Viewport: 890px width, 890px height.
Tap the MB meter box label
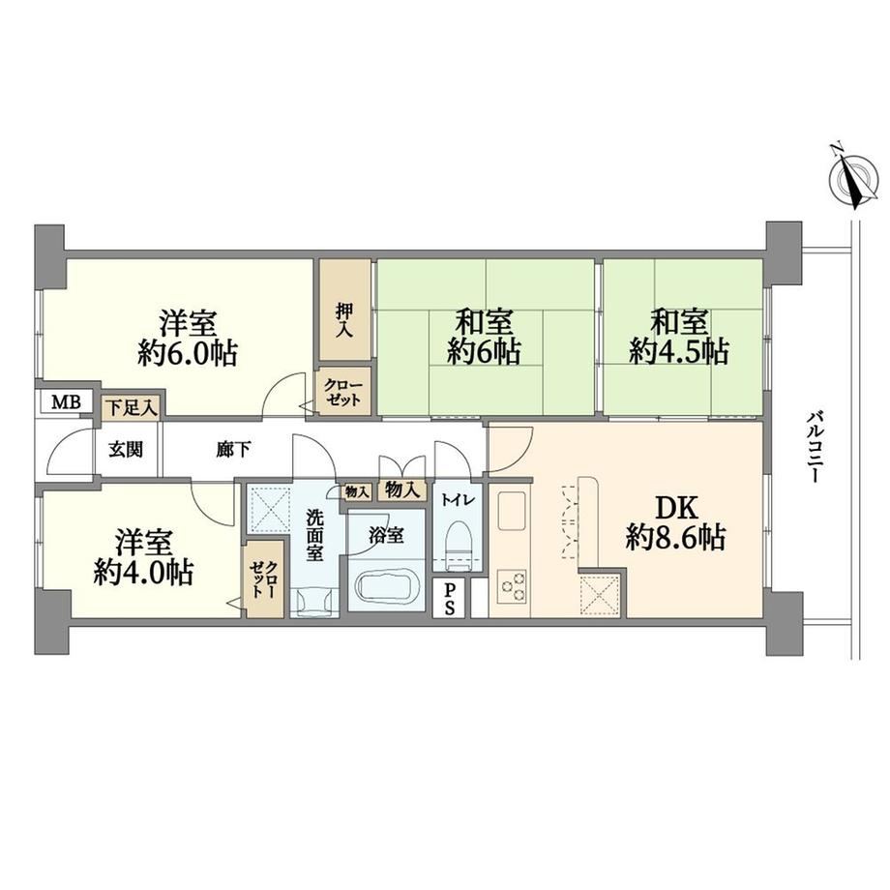coord(67,402)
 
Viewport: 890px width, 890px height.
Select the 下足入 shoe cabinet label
coord(132,407)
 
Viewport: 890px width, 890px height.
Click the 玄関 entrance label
coord(126,450)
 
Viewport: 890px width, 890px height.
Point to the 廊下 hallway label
coord(234,450)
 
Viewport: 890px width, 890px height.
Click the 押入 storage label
coord(344,320)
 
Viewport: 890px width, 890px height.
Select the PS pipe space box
coord(449,598)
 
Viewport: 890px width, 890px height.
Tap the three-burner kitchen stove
coord(512,586)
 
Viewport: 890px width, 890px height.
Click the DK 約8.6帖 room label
coord(675,522)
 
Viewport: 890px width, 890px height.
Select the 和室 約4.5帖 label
coord(679,338)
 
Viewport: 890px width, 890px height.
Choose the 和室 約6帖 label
coord(484,338)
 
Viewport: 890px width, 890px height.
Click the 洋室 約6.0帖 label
coord(188,338)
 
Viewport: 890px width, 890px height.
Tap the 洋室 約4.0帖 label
coord(143,557)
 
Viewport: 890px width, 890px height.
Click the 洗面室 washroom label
coord(313,536)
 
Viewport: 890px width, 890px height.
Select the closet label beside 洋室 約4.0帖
coord(264,579)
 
